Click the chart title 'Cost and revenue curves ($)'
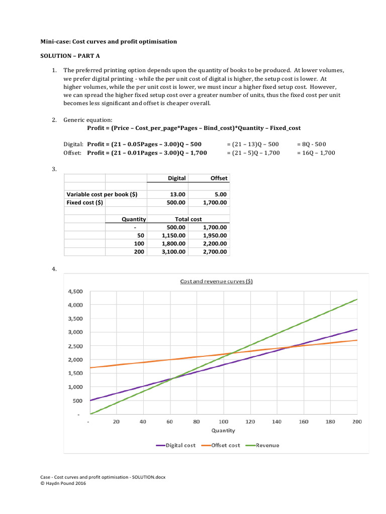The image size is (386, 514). pos(217,281)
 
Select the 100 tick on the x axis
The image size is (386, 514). pos(223,422)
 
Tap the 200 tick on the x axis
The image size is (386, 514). pos(357,422)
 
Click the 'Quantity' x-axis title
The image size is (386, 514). pos(223,430)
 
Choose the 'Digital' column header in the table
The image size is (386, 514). pos(176,178)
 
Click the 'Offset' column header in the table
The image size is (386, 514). pos(219,178)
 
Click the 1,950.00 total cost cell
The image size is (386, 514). pos(215,235)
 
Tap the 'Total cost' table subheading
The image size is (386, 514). pos(188,219)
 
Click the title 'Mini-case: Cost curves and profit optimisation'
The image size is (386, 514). pos(109,41)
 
